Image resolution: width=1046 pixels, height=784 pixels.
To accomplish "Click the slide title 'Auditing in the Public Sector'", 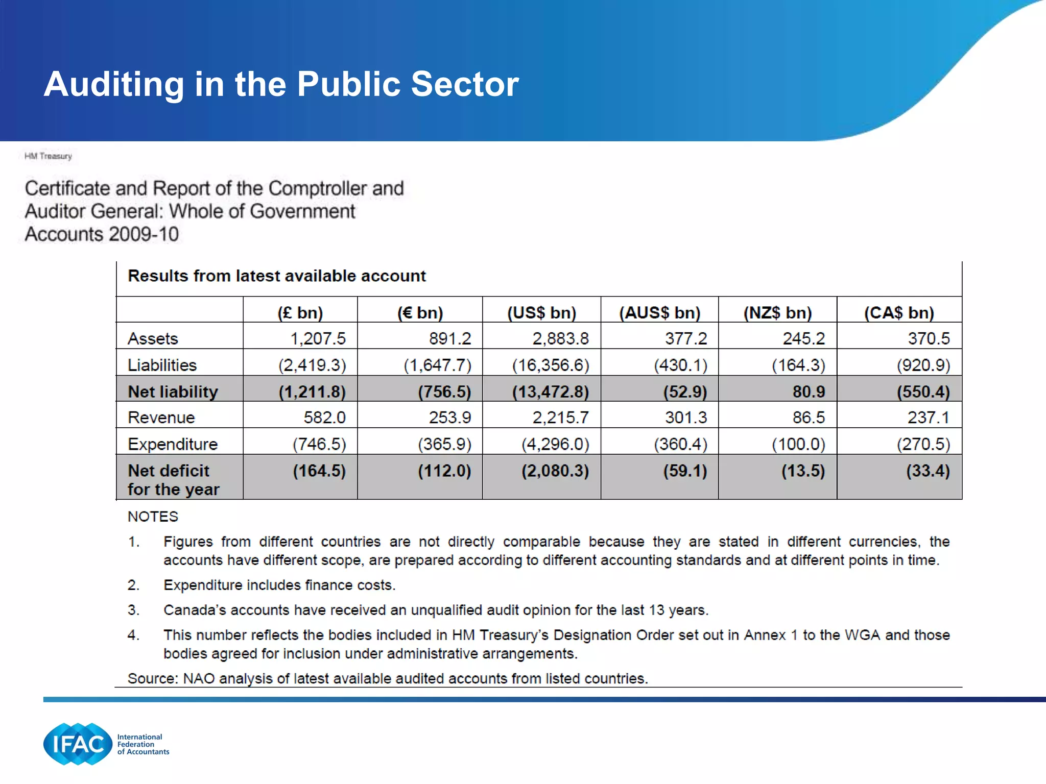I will tap(281, 84).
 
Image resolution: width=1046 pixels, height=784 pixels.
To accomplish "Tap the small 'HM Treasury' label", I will tap(49, 156).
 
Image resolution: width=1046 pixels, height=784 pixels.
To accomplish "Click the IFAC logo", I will tap(78, 744).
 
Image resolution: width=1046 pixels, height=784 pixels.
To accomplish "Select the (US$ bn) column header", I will tap(541, 312).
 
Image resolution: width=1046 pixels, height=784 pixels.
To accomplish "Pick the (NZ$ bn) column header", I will tap(777, 312).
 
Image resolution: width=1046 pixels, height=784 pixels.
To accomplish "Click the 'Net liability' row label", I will tap(173, 391).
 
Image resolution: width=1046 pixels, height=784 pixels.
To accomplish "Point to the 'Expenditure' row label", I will tap(173, 444).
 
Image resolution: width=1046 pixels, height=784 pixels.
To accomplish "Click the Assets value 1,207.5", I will tap(318, 338).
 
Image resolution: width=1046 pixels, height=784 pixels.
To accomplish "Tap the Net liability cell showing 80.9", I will tap(809, 391).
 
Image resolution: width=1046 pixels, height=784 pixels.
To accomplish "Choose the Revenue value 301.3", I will tap(686, 418).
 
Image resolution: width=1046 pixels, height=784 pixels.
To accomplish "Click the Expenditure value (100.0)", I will tap(798, 444).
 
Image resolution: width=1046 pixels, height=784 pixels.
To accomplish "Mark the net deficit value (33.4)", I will tap(928, 471).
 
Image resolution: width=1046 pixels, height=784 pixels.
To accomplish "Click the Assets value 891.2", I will tap(450, 338).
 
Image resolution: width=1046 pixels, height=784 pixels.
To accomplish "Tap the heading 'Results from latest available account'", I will tap(276, 276).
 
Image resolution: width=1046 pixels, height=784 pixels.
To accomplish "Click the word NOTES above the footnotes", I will tap(153, 517).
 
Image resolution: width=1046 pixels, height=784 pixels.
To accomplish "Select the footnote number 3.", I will tap(133, 610).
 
